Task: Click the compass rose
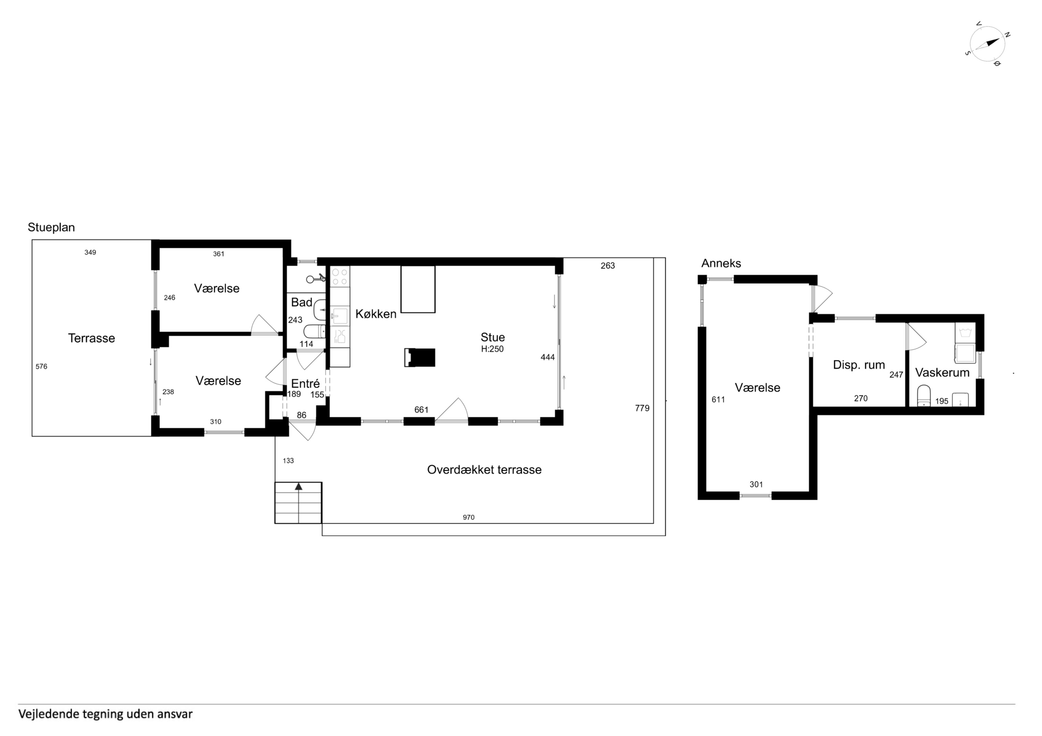click(x=986, y=50)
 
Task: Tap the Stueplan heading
click(x=51, y=228)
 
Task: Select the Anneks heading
click(x=721, y=263)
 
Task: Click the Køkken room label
click(x=376, y=314)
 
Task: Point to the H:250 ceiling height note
click(x=493, y=349)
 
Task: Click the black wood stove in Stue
click(x=420, y=357)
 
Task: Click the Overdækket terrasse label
click(x=484, y=470)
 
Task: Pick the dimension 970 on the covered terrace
click(x=469, y=518)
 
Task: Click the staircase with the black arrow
click(x=298, y=503)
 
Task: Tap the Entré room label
click(x=305, y=384)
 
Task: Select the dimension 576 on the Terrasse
click(x=41, y=366)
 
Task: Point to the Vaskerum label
click(x=942, y=373)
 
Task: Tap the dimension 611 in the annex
click(x=718, y=399)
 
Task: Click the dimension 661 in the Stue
click(x=422, y=410)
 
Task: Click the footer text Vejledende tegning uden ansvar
click(x=105, y=714)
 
